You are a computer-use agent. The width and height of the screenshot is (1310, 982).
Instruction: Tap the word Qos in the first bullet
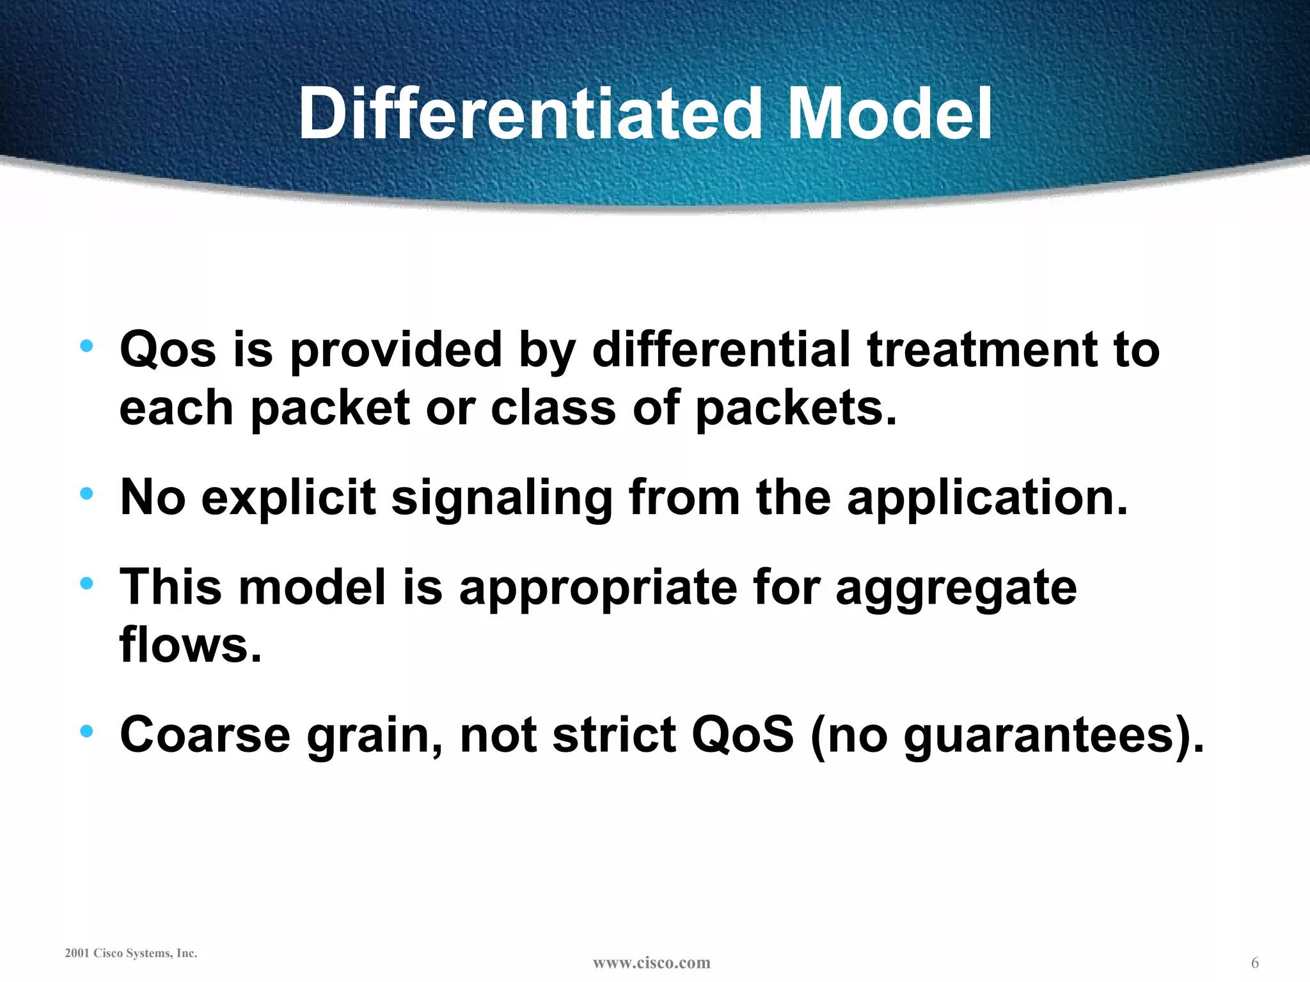168,350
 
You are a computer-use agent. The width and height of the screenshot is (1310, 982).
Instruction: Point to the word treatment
982,350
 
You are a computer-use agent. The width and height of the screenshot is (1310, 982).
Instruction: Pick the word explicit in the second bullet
288,498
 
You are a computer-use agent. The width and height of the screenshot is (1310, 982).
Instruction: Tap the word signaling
502,498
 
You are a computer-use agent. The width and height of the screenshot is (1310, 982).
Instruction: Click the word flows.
191,644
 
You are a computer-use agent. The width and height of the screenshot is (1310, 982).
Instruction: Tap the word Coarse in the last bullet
205,735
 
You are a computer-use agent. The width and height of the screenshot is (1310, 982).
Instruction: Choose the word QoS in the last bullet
743,735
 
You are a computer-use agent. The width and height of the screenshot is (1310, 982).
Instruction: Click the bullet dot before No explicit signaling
87,494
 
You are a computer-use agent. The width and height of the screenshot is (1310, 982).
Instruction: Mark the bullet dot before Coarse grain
87,731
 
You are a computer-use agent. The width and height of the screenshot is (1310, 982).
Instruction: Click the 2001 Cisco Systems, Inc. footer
131,953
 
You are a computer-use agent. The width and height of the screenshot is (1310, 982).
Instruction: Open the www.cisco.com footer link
651,963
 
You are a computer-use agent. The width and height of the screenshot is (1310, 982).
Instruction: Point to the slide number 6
1254,963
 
